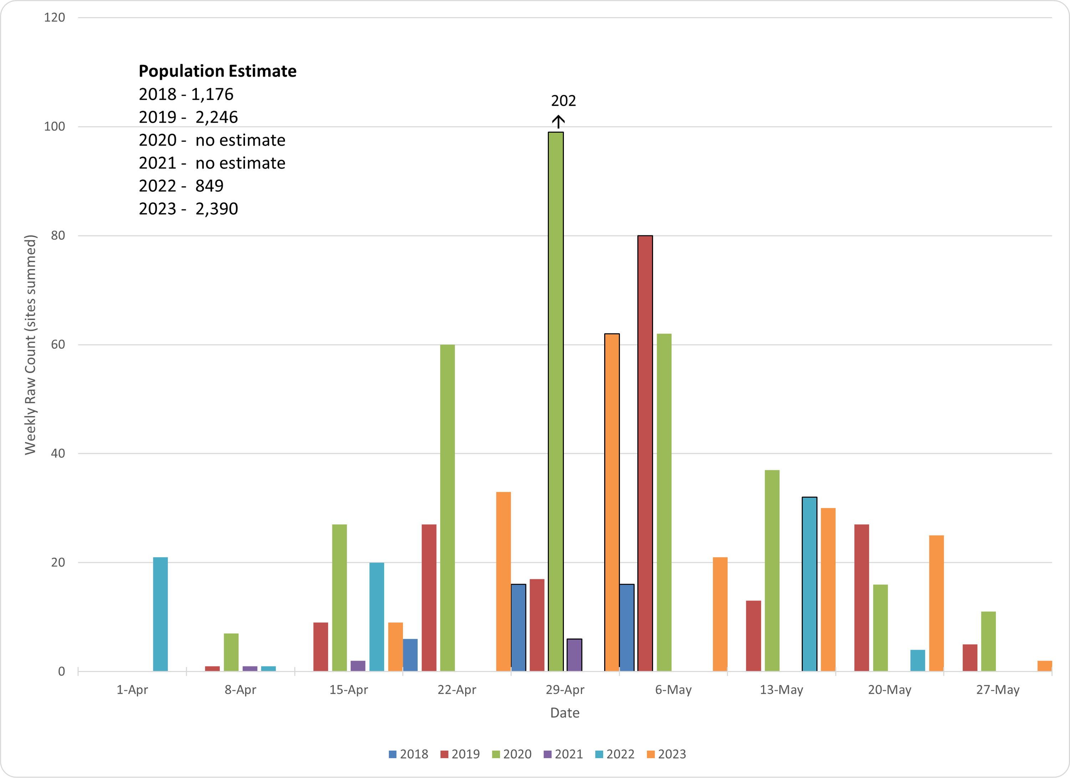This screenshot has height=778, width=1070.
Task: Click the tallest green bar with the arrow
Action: pos(555,401)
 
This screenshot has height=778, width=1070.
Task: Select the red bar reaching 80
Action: pos(645,453)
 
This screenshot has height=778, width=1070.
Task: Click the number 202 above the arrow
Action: pos(563,101)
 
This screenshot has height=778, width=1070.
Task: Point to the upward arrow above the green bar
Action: pos(558,121)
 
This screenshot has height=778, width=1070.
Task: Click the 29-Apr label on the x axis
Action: pos(565,690)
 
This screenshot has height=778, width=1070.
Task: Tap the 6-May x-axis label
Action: pos(673,690)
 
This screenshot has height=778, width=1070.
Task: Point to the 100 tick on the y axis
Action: pos(55,126)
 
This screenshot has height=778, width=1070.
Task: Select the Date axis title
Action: pos(565,712)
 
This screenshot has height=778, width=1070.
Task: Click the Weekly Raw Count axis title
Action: pos(30,345)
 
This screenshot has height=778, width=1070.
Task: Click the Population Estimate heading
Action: pos(218,71)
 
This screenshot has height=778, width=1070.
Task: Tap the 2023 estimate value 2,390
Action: pos(216,209)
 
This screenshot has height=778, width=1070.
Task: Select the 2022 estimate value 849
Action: pos(209,186)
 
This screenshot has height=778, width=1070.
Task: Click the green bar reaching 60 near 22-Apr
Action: pos(447,508)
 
